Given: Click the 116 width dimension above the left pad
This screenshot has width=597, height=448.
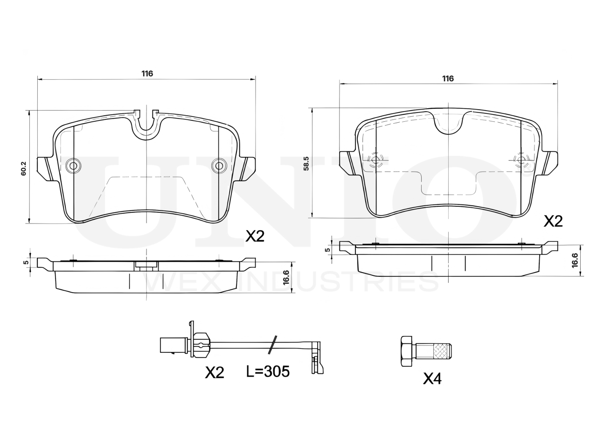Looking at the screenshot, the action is click(147, 74).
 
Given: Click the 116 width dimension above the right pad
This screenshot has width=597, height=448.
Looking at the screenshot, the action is click(448, 78).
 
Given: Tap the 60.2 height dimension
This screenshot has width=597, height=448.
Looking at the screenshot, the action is click(24, 168).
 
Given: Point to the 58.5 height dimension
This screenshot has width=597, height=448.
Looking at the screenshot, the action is click(306, 163).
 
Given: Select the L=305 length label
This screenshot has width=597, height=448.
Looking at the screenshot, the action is click(268, 371).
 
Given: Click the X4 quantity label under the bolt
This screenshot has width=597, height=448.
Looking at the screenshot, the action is click(432, 378).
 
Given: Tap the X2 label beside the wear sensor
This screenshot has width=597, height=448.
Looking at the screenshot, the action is click(215, 372).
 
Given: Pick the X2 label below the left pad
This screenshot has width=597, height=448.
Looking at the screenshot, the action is click(255, 236).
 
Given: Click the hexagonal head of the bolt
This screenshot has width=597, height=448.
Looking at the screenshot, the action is click(406, 351).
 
